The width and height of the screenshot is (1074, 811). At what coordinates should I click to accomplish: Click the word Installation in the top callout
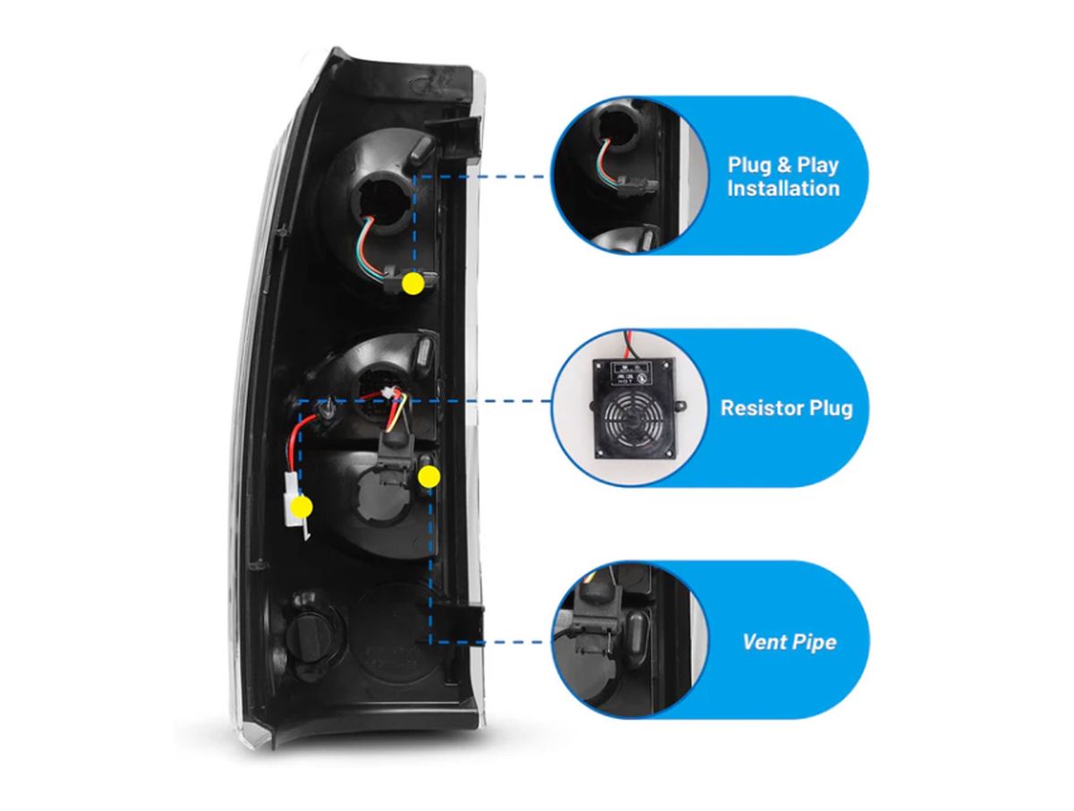tap(783, 189)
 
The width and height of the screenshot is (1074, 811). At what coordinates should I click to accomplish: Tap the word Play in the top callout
tap(816, 166)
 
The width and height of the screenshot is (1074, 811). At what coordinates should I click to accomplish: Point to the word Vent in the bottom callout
tap(763, 642)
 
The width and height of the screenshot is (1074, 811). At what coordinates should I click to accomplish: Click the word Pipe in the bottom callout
tap(815, 642)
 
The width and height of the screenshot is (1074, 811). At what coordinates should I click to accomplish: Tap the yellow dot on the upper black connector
tap(413, 284)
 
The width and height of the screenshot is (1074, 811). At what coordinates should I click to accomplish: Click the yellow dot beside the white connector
tap(301, 507)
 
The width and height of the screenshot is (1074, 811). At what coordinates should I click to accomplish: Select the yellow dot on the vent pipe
tap(429, 475)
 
